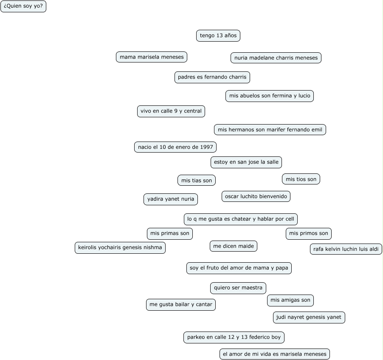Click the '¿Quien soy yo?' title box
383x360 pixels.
[23, 6]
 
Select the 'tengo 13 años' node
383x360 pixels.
[218, 36]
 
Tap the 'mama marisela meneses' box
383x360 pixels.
[152, 57]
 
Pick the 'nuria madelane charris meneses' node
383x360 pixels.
[276, 58]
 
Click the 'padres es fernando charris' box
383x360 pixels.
[212, 77]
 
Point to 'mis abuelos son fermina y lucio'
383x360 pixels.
[270, 96]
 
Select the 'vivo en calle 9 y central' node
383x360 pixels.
[171, 111]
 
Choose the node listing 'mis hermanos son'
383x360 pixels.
[270, 130]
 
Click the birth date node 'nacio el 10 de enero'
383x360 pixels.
[175, 147]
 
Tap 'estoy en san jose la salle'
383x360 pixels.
[246, 162]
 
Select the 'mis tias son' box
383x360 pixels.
[197, 181]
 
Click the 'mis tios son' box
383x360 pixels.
[301, 179]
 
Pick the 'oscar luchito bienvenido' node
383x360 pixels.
[256, 196]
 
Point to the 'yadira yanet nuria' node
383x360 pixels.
[171, 199]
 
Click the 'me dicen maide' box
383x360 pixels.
[234, 246]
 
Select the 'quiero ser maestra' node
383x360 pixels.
[238, 288]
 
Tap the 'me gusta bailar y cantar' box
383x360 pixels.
[181, 305]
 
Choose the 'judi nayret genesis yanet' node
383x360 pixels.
[309, 317]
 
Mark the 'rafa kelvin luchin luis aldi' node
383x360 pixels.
[346, 249]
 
